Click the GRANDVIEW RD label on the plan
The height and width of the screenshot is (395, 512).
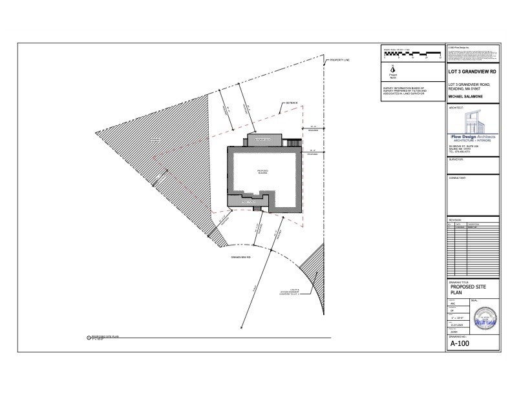[x=240, y=256]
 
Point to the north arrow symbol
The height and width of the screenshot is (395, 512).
[x=392, y=70]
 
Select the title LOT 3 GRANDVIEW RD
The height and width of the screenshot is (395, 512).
[x=473, y=72]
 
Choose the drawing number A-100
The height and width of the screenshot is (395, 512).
[x=460, y=343]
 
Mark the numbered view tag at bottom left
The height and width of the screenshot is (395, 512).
[x=88, y=337]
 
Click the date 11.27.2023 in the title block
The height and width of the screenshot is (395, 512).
[x=457, y=325]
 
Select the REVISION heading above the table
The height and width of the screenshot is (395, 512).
[x=456, y=220]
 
